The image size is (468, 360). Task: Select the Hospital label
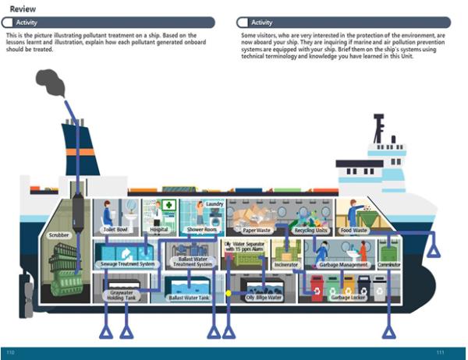(x=158, y=231)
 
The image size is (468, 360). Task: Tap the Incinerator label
(x=286, y=264)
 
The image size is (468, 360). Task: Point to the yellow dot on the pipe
(x=229, y=293)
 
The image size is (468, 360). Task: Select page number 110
(x=10, y=353)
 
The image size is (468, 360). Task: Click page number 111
(x=441, y=353)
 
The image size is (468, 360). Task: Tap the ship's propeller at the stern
(x=30, y=295)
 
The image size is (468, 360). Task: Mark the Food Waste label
(x=354, y=231)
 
